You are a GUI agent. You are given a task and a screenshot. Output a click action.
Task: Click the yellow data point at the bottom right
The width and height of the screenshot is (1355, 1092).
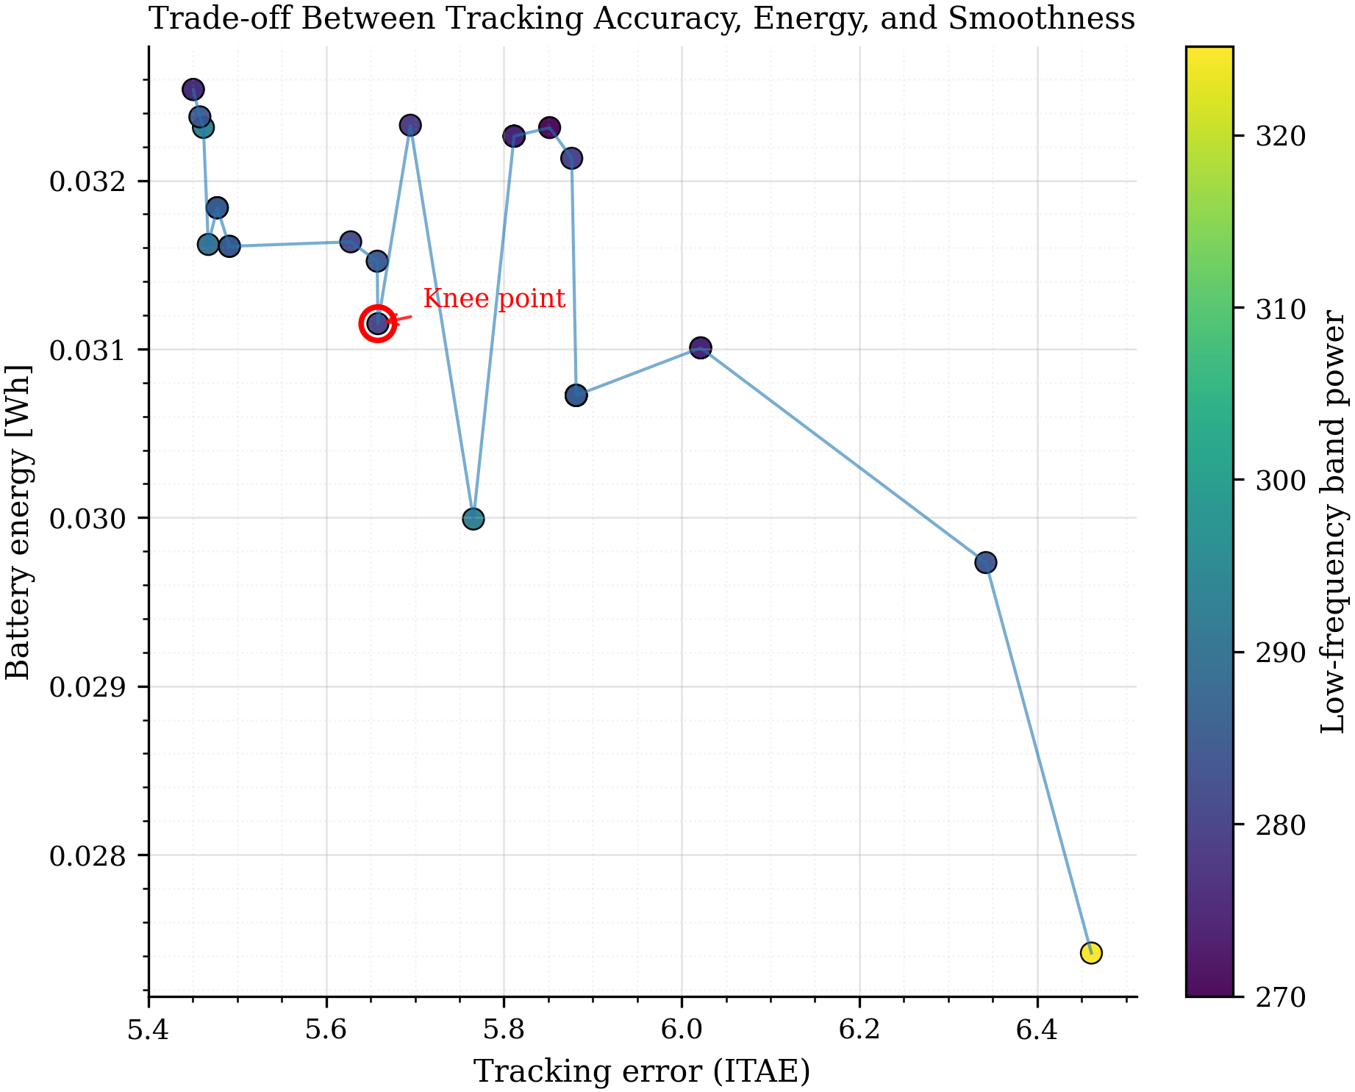tap(1091, 952)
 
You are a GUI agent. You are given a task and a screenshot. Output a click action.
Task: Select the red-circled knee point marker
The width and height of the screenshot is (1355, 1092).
tap(378, 324)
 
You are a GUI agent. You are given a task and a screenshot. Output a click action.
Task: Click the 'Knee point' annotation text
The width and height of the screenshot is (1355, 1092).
tap(494, 299)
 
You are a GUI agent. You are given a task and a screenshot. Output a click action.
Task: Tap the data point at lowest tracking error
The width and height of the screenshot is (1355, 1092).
tap(193, 90)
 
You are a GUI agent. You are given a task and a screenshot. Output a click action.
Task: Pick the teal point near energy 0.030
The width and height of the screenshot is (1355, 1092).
tap(473, 519)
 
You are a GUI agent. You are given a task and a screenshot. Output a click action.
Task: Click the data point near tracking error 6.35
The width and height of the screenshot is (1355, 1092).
tap(985, 562)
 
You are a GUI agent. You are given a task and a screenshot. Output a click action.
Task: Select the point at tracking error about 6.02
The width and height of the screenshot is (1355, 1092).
tap(701, 348)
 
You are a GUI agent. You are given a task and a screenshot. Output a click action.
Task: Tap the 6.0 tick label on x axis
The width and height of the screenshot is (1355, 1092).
tap(682, 1030)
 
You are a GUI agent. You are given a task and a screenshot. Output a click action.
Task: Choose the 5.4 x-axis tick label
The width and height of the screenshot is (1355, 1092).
tap(149, 1030)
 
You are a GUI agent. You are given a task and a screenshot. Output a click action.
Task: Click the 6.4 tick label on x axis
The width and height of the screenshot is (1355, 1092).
tap(1037, 1030)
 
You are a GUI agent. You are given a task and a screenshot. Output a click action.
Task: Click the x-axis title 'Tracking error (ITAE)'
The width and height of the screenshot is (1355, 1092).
tap(642, 1071)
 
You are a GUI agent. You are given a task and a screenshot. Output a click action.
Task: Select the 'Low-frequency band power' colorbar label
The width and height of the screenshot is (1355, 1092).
tap(1333, 522)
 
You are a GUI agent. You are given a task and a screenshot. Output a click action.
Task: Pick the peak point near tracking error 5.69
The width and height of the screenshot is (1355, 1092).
tap(410, 126)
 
